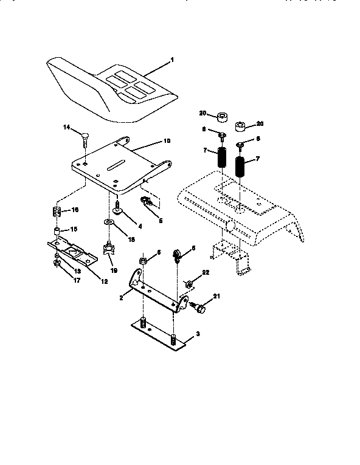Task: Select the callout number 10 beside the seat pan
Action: pos(167,141)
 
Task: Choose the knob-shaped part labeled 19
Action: pos(108,247)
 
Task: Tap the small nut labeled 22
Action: pos(189,283)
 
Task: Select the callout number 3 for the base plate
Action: pos(196,336)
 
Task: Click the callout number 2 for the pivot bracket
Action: pos(122,298)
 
